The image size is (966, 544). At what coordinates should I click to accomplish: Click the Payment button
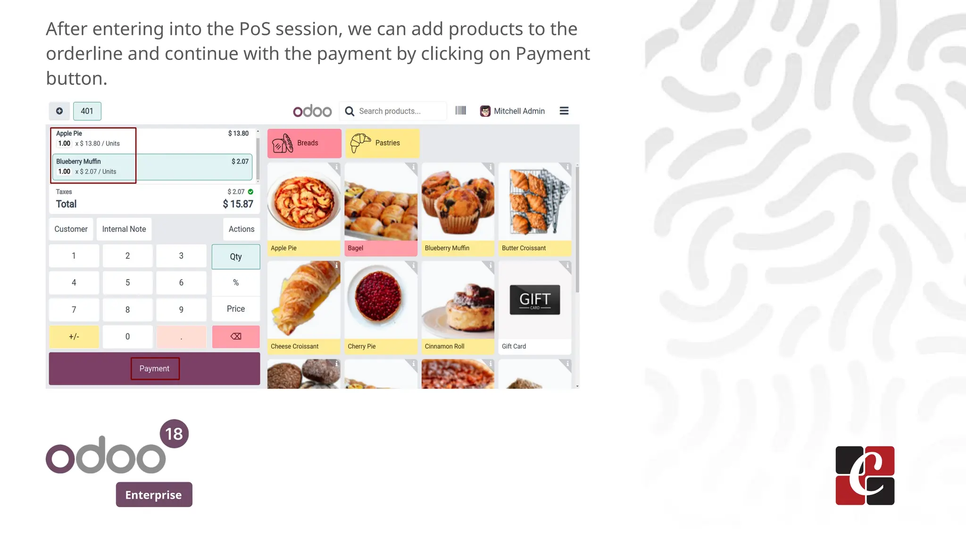pyautogui.click(x=155, y=368)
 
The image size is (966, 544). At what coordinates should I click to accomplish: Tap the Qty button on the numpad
pyautogui.click(x=236, y=257)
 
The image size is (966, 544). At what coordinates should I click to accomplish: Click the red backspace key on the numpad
pyautogui.click(x=236, y=337)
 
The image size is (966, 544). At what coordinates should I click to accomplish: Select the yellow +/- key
pyautogui.click(x=74, y=337)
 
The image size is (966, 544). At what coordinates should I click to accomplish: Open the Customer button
pyautogui.click(x=71, y=229)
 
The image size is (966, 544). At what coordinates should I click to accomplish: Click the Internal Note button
pyautogui.click(x=124, y=229)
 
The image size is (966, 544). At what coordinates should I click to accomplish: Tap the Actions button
pyautogui.click(x=241, y=229)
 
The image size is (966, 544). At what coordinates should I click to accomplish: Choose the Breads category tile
pyautogui.click(x=304, y=143)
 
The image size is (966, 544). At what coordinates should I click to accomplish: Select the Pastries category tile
pyautogui.click(x=382, y=143)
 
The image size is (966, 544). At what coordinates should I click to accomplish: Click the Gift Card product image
pyautogui.click(x=535, y=300)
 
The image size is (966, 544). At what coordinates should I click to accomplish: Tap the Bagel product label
pyautogui.click(x=356, y=248)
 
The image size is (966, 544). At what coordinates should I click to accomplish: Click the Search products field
pyautogui.click(x=399, y=111)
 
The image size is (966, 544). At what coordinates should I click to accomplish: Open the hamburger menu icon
pyautogui.click(x=564, y=111)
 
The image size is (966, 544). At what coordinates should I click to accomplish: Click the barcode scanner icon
pyautogui.click(x=461, y=110)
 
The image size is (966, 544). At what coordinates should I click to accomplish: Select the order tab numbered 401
pyautogui.click(x=87, y=111)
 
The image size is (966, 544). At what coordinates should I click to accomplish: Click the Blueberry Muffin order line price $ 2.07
pyautogui.click(x=240, y=161)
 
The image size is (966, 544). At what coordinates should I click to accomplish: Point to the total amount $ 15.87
pyautogui.click(x=238, y=204)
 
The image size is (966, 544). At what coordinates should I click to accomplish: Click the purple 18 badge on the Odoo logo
pyautogui.click(x=174, y=434)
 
